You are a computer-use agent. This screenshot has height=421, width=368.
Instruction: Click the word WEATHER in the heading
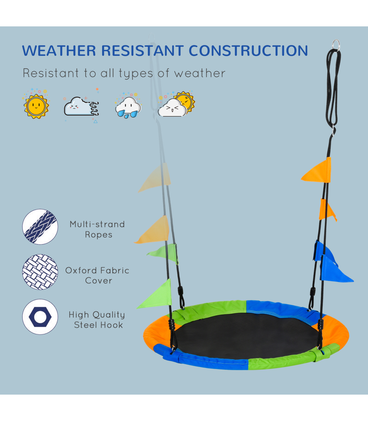pyautogui.click(x=59, y=51)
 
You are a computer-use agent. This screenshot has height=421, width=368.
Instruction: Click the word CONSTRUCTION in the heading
pyautogui.click(x=248, y=51)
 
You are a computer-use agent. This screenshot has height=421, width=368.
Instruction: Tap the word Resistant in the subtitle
pyautogui.click(x=51, y=73)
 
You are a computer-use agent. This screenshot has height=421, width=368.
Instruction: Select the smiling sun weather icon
pyautogui.click(x=36, y=105)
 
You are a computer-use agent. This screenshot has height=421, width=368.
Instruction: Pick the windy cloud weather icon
pyautogui.click(x=81, y=106)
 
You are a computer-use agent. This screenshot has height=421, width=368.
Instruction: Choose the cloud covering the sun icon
pyautogui.click(x=176, y=105)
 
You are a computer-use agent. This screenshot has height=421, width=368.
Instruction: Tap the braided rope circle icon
pyautogui.click(x=40, y=227)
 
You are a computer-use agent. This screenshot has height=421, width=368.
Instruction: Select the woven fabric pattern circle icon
pyautogui.click(x=40, y=272)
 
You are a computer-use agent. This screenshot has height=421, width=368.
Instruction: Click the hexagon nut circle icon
pyautogui.click(x=40, y=317)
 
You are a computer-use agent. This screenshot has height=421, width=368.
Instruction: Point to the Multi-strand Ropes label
pyautogui.click(x=98, y=230)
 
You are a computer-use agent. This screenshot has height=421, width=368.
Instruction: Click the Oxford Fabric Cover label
pyautogui.click(x=97, y=276)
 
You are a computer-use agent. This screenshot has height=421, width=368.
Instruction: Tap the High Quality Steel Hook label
pyautogui.click(x=97, y=320)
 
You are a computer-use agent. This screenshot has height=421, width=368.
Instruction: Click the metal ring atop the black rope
pyautogui.click(x=335, y=46)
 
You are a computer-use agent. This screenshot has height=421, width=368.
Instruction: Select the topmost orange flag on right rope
pyautogui.click(x=317, y=171)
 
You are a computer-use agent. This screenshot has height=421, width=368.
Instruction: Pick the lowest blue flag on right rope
pyautogui.click(x=335, y=269)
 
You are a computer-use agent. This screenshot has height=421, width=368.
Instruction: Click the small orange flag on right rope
pyautogui.click(x=327, y=210)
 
